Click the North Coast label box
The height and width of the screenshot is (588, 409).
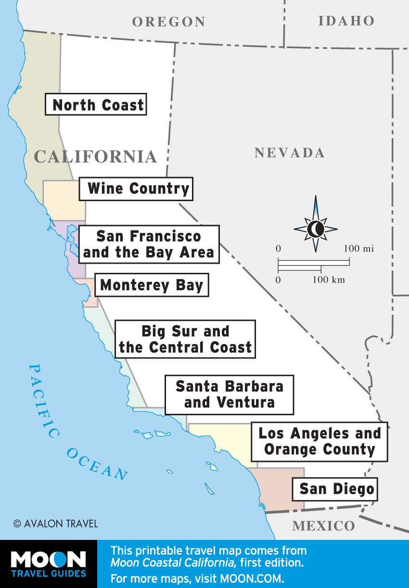coord(96,104)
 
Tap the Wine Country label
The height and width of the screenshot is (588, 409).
coord(136,189)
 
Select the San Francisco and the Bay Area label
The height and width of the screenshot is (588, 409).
coord(149,244)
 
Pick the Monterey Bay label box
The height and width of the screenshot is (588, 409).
coord(152,285)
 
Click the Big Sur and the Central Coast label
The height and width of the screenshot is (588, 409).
coord(185,340)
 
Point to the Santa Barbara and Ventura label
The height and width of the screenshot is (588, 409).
coord(229,395)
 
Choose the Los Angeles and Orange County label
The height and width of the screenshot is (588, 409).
coord(320,441)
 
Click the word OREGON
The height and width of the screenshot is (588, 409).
coord(168,22)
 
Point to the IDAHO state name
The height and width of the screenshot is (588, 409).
coord(346,21)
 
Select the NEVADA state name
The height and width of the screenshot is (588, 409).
coord(290,153)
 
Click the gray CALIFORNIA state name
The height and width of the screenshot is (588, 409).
coord(96,156)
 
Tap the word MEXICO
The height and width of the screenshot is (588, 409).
coord(323,525)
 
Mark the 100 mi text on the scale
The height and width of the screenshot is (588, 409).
coord(358,249)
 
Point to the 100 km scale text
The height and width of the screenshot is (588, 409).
coord(329,280)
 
